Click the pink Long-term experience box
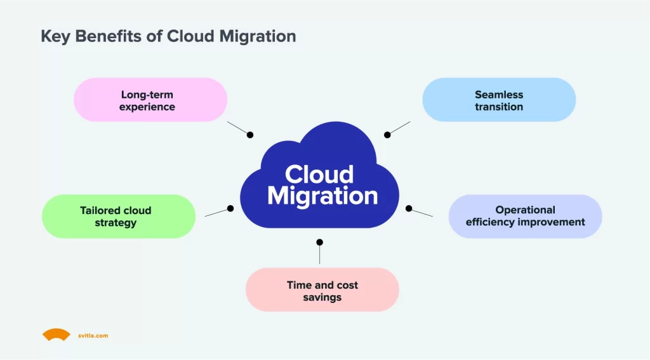pyautogui.click(x=150, y=100)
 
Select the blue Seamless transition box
pyautogui.click(x=499, y=100)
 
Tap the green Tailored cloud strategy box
pyautogui.click(x=118, y=216)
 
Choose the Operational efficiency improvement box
pyautogui.click(x=525, y=216)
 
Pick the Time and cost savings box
pyautogui.click(x=322, y=290)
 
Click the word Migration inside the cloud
pyautogui.click(x=322, y=195)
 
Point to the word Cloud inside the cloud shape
pyautogui.click(x=319, y=174)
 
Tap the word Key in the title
pyautogui.click(x=55, y=36)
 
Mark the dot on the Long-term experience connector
pyautogui.click(x=250, y=135)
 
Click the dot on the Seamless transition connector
pyautogui.click(x=387, y=135)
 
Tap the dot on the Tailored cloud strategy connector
pyautogui.click(x=230, y=208)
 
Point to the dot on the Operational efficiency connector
pyautogui.click(x=409, y=208)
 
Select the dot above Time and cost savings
pyautogui.click(x=319, y=242)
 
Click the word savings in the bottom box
pyautogui.click(x=322, y=297)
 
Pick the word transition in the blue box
pyautogui.click(x=499, y=107)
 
